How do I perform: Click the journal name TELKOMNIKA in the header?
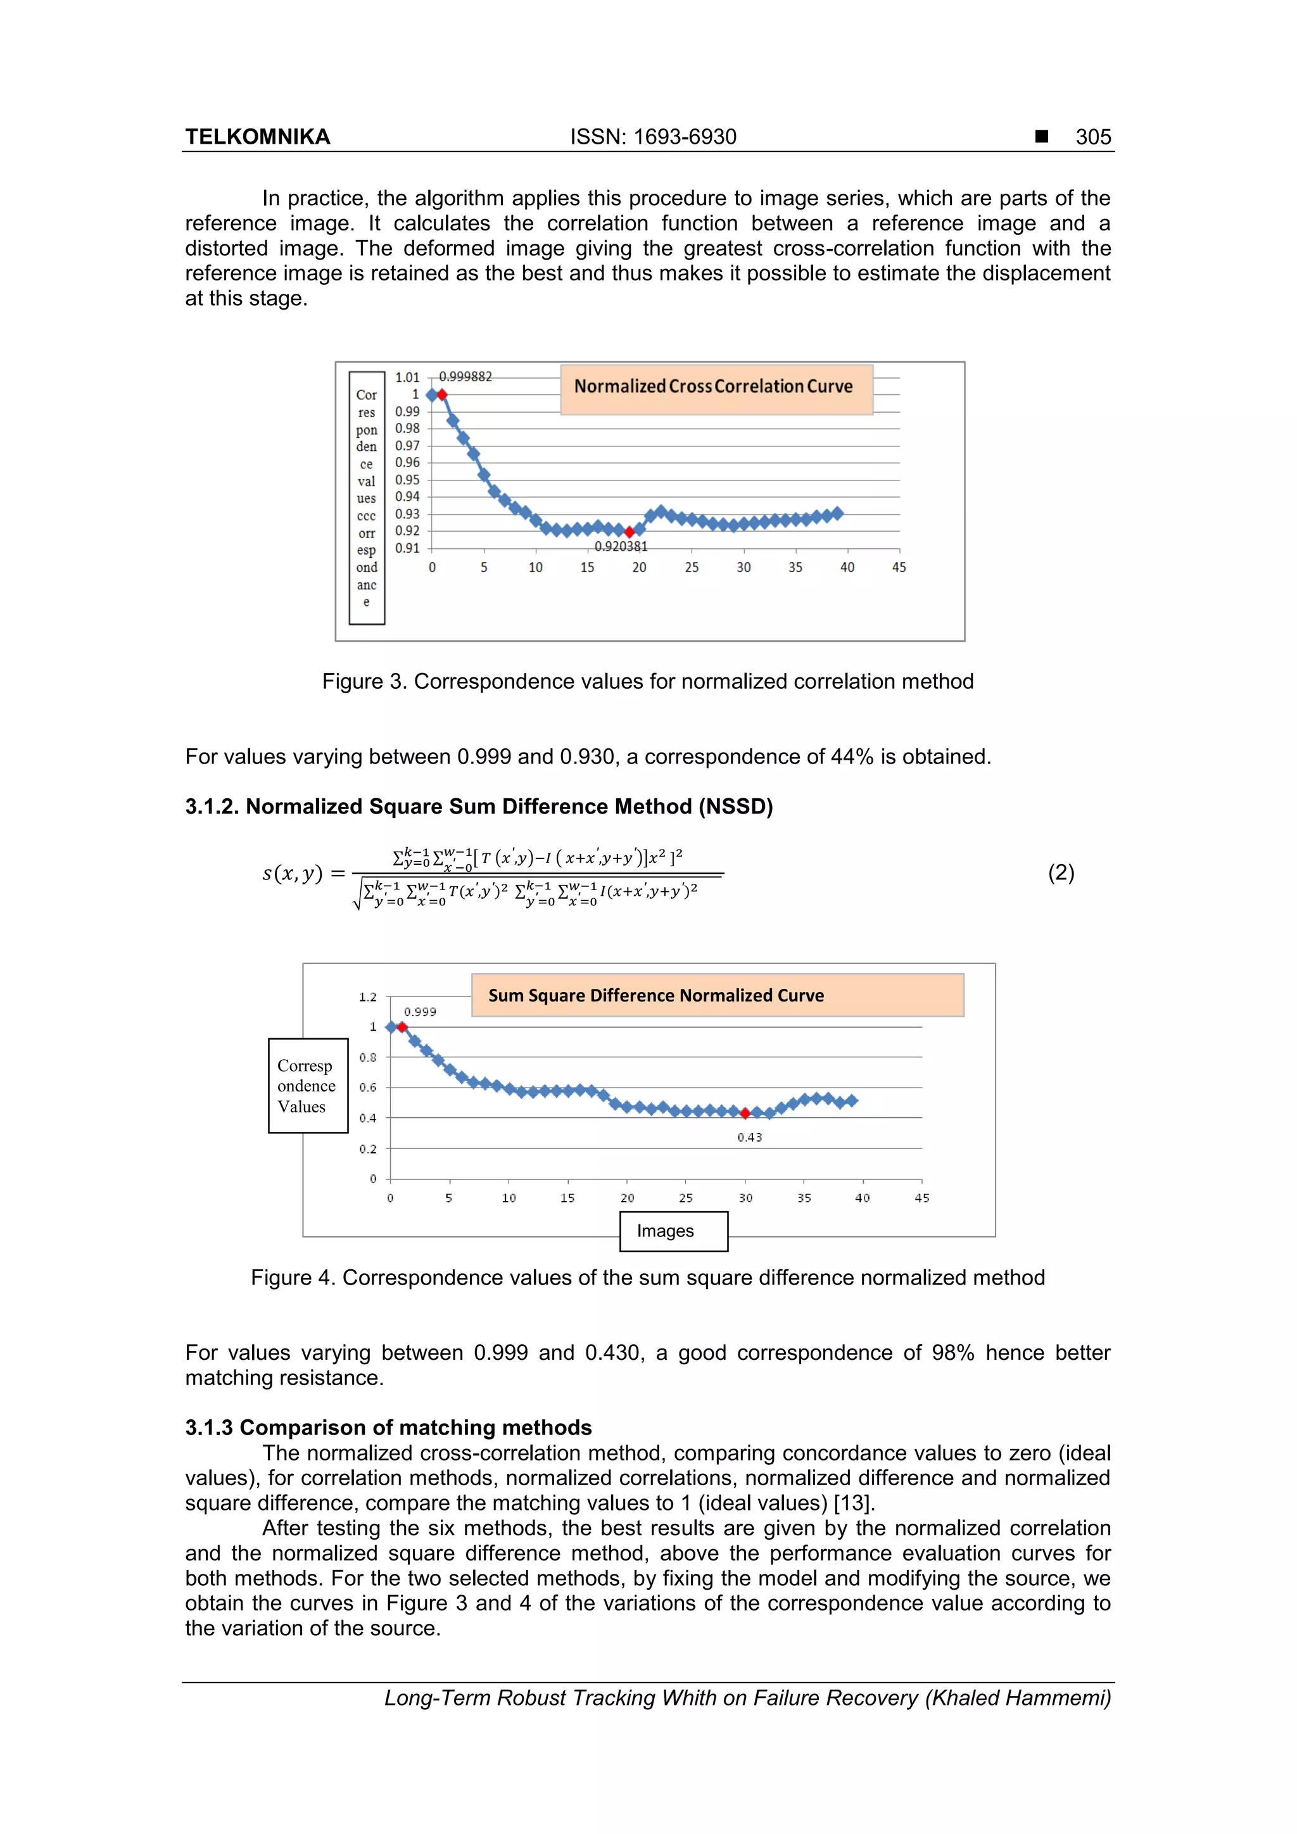[257, 137]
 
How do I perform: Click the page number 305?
[1092, 137]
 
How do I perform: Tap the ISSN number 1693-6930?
[685, 137]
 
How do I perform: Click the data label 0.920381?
[621, 546]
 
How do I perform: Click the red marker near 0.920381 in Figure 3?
[629, 532]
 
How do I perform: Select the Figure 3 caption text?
[647, 681]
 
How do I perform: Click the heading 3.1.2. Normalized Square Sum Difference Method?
[479, 806]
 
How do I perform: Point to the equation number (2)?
[1060, 872]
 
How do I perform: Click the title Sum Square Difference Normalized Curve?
[656, 995]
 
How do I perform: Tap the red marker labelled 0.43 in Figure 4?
[745, 1114]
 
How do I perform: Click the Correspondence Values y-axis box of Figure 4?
[308, 1086]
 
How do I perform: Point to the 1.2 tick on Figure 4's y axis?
[367, 997]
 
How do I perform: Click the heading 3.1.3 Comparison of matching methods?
[388, 1428]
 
